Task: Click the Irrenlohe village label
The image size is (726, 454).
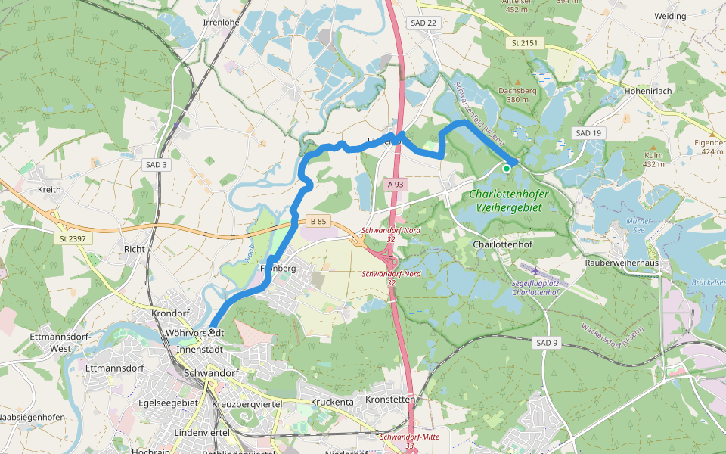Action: tap(221, 23)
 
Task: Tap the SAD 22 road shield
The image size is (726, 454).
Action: tap(423, 23)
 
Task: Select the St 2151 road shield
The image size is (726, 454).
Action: tap(523, 43)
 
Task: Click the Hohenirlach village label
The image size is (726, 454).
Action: tap(648, 90)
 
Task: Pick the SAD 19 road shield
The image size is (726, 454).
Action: tap(588, 133)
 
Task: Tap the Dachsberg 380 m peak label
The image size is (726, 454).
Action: tap(517, 95)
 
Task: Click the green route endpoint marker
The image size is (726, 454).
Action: tap(506, 169)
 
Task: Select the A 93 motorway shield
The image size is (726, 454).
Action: tap(396, 184)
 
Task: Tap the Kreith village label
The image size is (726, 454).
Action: tap(49, 189)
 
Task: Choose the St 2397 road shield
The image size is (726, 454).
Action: tap(73, 238)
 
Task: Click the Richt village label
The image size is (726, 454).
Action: tap(134, 248)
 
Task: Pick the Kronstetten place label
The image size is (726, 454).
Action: tap(390, 399)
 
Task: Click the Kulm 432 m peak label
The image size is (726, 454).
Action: tap(653, 159)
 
